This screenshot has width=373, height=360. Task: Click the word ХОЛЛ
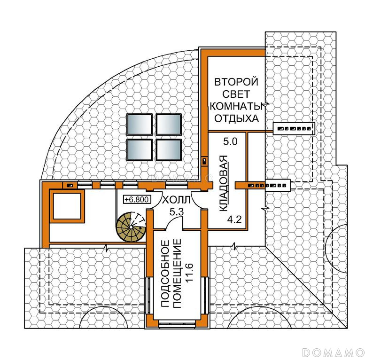click(176, 200)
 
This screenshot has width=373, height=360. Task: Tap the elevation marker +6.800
click(137, 199)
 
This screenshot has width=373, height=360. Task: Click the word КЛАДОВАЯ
click(223, 183)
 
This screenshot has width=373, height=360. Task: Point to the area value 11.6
click(189, 273)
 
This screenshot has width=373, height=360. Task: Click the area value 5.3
click(177, 212)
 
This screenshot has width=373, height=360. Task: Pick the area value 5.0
click(230, 141)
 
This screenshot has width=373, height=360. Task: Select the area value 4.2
click(234, 219)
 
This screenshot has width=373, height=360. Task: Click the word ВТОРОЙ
click(236, 82)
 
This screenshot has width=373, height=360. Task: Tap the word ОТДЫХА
click(236, 118)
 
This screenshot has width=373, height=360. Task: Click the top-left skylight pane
click(140, 125)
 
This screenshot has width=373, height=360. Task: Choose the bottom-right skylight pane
click(169, 149)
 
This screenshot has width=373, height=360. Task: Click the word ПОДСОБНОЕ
click(165, 274)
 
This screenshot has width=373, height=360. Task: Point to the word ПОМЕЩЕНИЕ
click(177, 274)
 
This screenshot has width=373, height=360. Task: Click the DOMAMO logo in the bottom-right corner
click(333, 352)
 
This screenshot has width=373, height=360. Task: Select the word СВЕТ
click(236, 94)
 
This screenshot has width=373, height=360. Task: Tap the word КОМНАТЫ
click(237, 106)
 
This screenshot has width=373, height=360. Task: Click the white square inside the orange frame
click(67, 206)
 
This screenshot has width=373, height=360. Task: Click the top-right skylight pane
click(169, 125)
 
